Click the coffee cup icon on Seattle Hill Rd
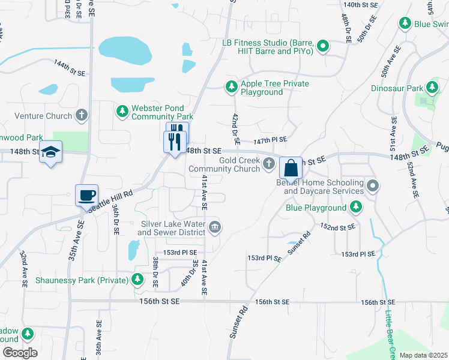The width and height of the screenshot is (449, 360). point(87,195)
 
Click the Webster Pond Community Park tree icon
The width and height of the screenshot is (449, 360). point(122,111)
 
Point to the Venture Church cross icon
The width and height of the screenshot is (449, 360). point(82,115)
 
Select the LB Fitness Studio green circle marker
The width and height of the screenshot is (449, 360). point(323,46)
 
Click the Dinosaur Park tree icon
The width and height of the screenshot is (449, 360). point(432,88)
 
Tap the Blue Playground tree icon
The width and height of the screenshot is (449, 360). point(357,208)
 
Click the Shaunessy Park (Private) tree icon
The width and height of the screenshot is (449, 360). point(138,279)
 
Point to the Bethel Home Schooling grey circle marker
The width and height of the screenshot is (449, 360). point(373,185)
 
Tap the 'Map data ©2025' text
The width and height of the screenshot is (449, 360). point(423,355)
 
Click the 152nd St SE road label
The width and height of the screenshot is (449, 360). point(338,227)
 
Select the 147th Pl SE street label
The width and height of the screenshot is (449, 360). point(270,139)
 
